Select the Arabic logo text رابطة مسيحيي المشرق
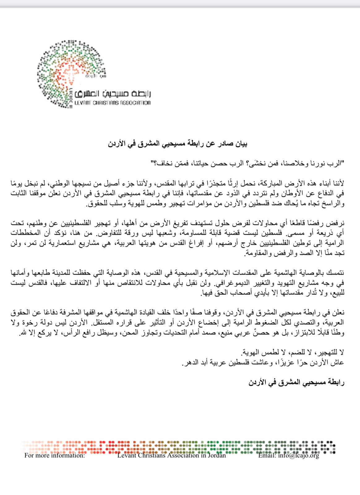click(113, 94)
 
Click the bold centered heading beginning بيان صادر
click(178, 144)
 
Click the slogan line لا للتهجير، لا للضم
click(292, 352)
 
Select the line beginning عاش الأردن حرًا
click(263, 363)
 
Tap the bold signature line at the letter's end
click(296, 383)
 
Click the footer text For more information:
click(54, 455)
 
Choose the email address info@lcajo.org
click(298, 455)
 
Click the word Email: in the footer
click(267, 455)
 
